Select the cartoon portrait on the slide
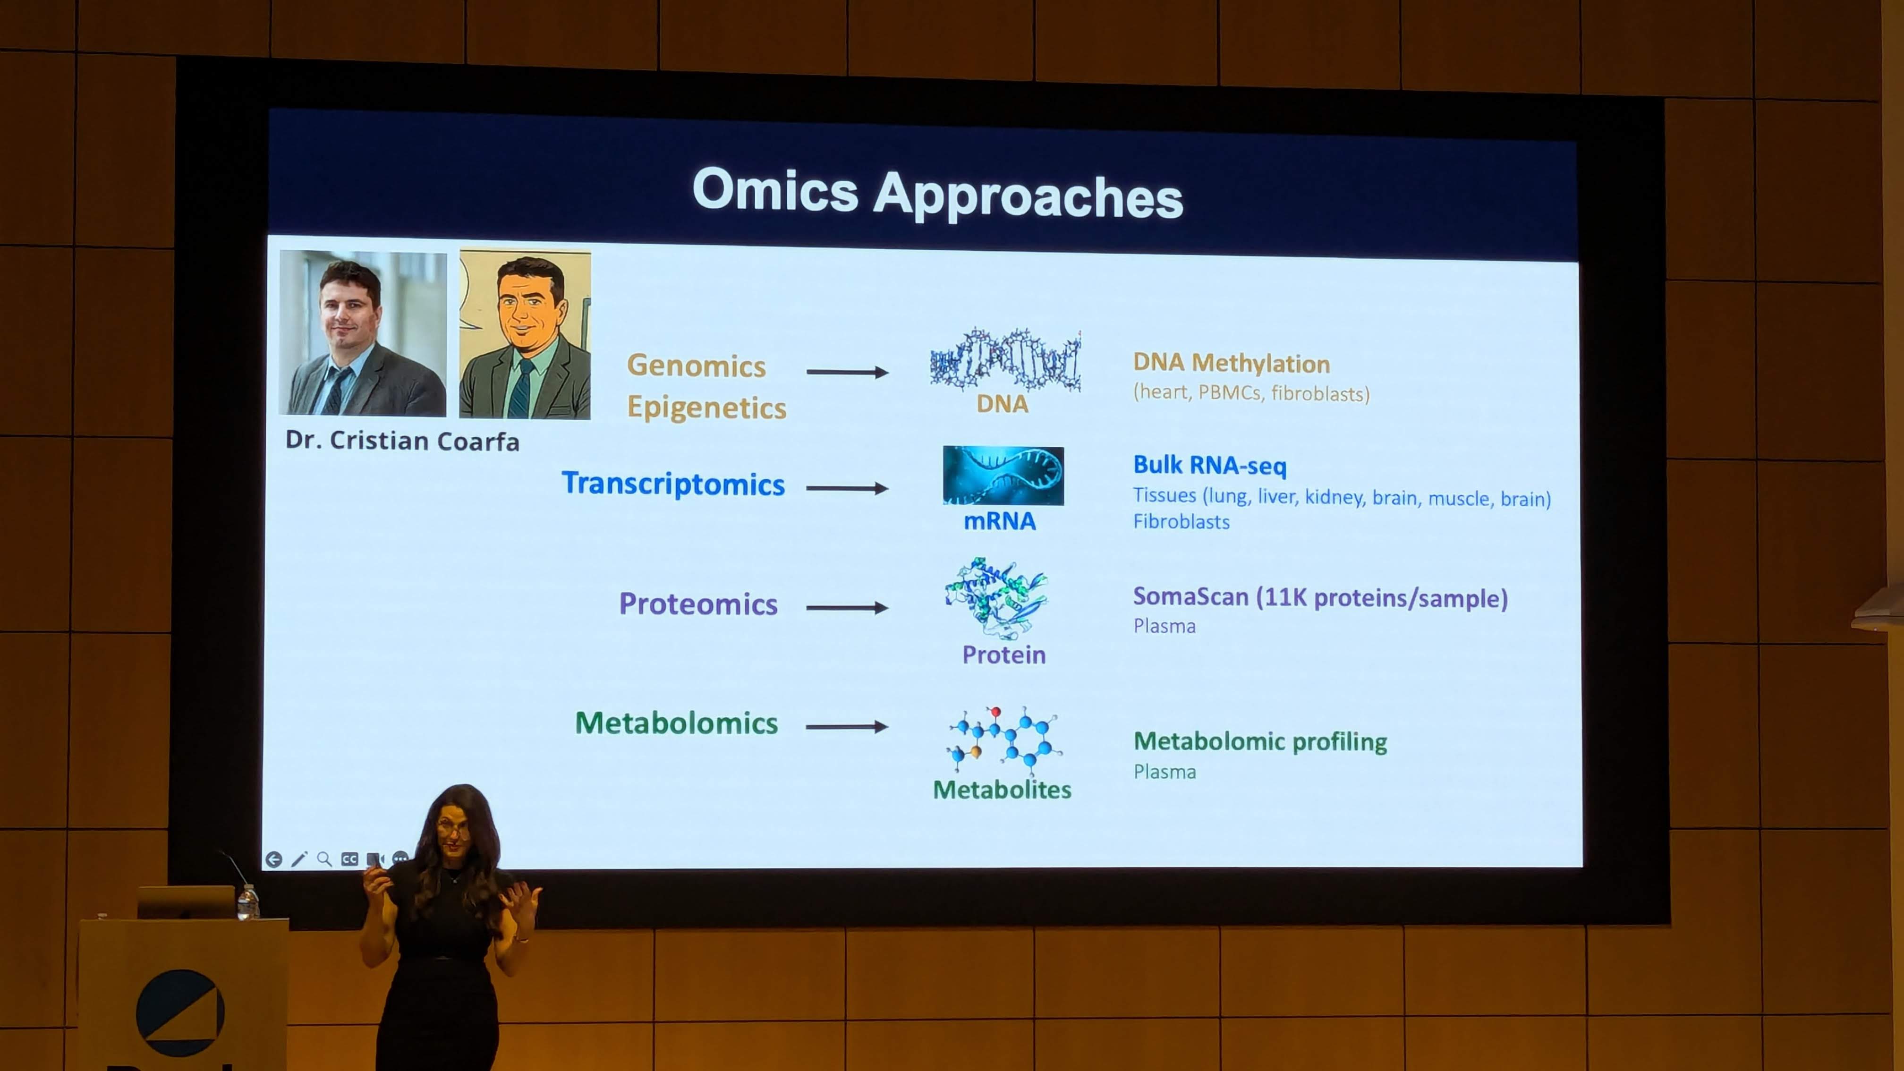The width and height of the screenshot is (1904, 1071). point(525,334)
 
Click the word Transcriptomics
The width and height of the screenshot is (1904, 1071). point(672,484)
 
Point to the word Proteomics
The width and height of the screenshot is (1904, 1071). point(698,604)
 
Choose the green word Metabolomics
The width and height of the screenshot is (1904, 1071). point(676,723)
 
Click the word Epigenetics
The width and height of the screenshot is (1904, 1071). point(706,407)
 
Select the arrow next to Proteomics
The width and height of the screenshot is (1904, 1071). point(847,608)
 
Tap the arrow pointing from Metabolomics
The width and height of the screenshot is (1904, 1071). point(847,727)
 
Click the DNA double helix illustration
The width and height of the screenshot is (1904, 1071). point(1005,360)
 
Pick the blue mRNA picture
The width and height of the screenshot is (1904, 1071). point(1003,475)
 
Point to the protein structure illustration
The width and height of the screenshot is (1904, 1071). point(995,598)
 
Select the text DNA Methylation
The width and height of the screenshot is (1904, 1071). point(1232,363)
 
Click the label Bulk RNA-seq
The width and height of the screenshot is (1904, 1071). point(1210,465)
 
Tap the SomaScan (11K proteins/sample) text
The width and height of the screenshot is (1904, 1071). point(1320,597)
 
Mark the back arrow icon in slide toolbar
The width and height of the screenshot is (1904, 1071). point(273,859)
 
